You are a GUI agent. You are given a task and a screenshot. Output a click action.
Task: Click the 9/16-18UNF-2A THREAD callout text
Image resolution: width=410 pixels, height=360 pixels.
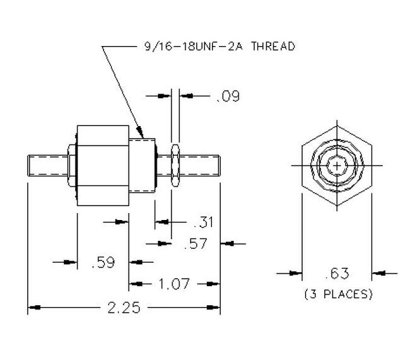point(215,47)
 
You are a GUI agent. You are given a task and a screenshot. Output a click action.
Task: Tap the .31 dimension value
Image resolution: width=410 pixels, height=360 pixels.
point(202,221)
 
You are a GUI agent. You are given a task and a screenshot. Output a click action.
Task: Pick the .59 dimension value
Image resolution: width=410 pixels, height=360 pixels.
point(103,262)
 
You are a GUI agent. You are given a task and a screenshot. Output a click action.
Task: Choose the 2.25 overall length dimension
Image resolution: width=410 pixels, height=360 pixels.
point(124,308)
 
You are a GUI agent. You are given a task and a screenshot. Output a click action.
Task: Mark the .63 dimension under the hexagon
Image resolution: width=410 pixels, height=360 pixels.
point(337,273)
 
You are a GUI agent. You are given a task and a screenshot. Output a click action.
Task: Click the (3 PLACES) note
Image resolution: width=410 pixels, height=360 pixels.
point(338,294)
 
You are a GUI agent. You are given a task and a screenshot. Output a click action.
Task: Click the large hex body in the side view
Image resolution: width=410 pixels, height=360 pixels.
point(102,166)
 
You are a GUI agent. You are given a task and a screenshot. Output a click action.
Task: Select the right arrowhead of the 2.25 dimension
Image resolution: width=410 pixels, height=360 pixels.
point(218,308)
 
